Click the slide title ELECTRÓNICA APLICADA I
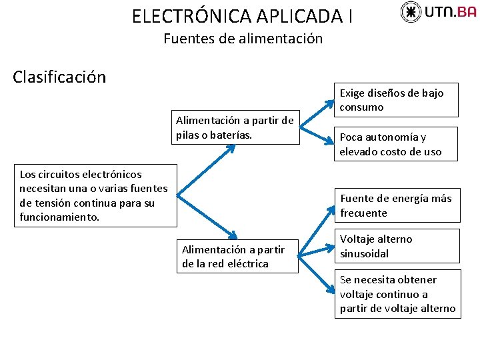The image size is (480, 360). (242, 15)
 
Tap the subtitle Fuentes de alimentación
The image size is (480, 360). (243, 39)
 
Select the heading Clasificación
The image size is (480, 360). (59, 77)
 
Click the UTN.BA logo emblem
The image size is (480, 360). (411, 11)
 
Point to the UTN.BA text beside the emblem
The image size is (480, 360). (450, 11)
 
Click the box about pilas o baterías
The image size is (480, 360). (234, 127)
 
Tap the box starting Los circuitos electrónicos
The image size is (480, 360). (94, 195)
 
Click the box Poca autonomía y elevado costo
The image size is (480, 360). (397, 144)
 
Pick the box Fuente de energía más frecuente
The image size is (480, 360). (397, 205)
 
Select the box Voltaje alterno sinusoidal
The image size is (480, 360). (397, 246)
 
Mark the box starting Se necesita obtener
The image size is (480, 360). (397, 294)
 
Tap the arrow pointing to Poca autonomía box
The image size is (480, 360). (317, 133)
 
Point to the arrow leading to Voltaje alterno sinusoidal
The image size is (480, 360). (316, 248)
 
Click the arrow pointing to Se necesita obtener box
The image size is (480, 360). (317, 273)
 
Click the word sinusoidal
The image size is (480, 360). (365, 253)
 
